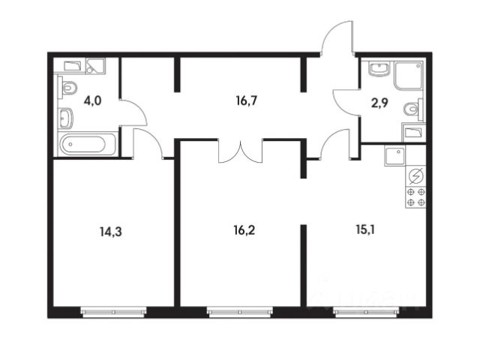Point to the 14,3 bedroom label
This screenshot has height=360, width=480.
coord(110,232)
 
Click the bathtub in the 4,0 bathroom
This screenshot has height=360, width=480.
coord(88,144)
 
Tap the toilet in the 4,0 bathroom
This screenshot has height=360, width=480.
coord(67,89)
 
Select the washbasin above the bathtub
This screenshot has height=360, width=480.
coord(65,118)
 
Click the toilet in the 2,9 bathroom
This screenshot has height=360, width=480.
coord(412,110)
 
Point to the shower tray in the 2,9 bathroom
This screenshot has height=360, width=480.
coord(410,76)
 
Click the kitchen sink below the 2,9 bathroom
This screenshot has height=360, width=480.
coord(394,155)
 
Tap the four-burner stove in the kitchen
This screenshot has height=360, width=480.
coord(415,197)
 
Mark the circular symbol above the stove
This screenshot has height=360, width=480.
coord(415,177)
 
